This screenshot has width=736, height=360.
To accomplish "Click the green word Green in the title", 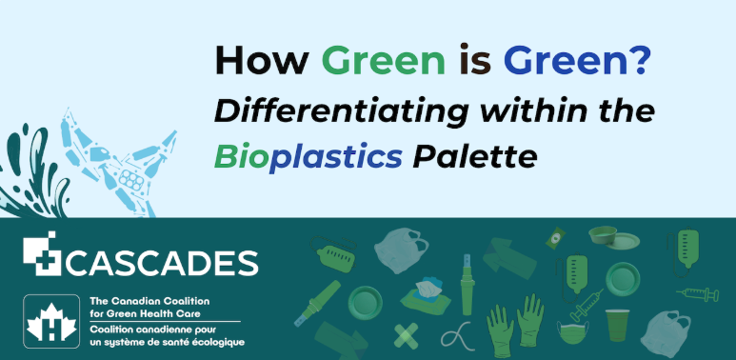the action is [383, 61].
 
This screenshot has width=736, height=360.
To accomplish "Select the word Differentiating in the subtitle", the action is [341, 112].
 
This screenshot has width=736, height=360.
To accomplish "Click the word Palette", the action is [474, 158].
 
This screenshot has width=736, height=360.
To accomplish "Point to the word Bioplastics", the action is [308, 159].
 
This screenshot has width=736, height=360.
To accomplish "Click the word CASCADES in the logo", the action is [162, 263].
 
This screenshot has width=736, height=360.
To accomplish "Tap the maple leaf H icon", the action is [51, 321].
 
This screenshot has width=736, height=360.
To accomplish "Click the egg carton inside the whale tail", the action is [131, 180].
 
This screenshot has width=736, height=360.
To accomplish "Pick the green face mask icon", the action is [572, 330].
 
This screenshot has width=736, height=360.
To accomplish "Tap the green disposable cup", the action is [617, 325].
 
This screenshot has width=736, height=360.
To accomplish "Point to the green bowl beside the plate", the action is [603, 234].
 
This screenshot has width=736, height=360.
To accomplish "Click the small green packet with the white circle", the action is [556, 237].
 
